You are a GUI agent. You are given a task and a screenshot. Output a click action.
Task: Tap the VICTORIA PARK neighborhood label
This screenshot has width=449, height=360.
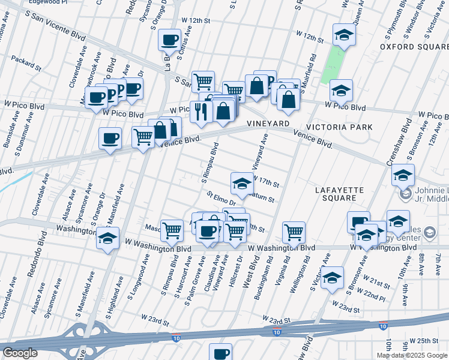[x=339, y=127]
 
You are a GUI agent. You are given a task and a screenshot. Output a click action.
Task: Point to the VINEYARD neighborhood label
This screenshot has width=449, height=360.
[x=268, y=123]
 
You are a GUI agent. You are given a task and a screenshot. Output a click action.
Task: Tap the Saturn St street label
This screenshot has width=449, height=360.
[x=262, y=197]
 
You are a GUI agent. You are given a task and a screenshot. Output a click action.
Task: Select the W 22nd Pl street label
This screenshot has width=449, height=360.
[x=369, y=294]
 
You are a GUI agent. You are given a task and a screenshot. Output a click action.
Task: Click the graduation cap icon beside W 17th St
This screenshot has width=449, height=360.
[x=242, y=183]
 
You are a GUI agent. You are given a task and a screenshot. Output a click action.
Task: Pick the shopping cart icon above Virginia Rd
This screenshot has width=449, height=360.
[x=294, y=232]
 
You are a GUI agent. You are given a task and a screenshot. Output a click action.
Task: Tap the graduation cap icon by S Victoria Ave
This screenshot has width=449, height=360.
[x=332, y=278]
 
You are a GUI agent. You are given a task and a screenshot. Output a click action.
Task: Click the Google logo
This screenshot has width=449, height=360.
[x=20, y=353]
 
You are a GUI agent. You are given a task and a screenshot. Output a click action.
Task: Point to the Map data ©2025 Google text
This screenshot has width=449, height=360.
[x=412, y=355]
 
